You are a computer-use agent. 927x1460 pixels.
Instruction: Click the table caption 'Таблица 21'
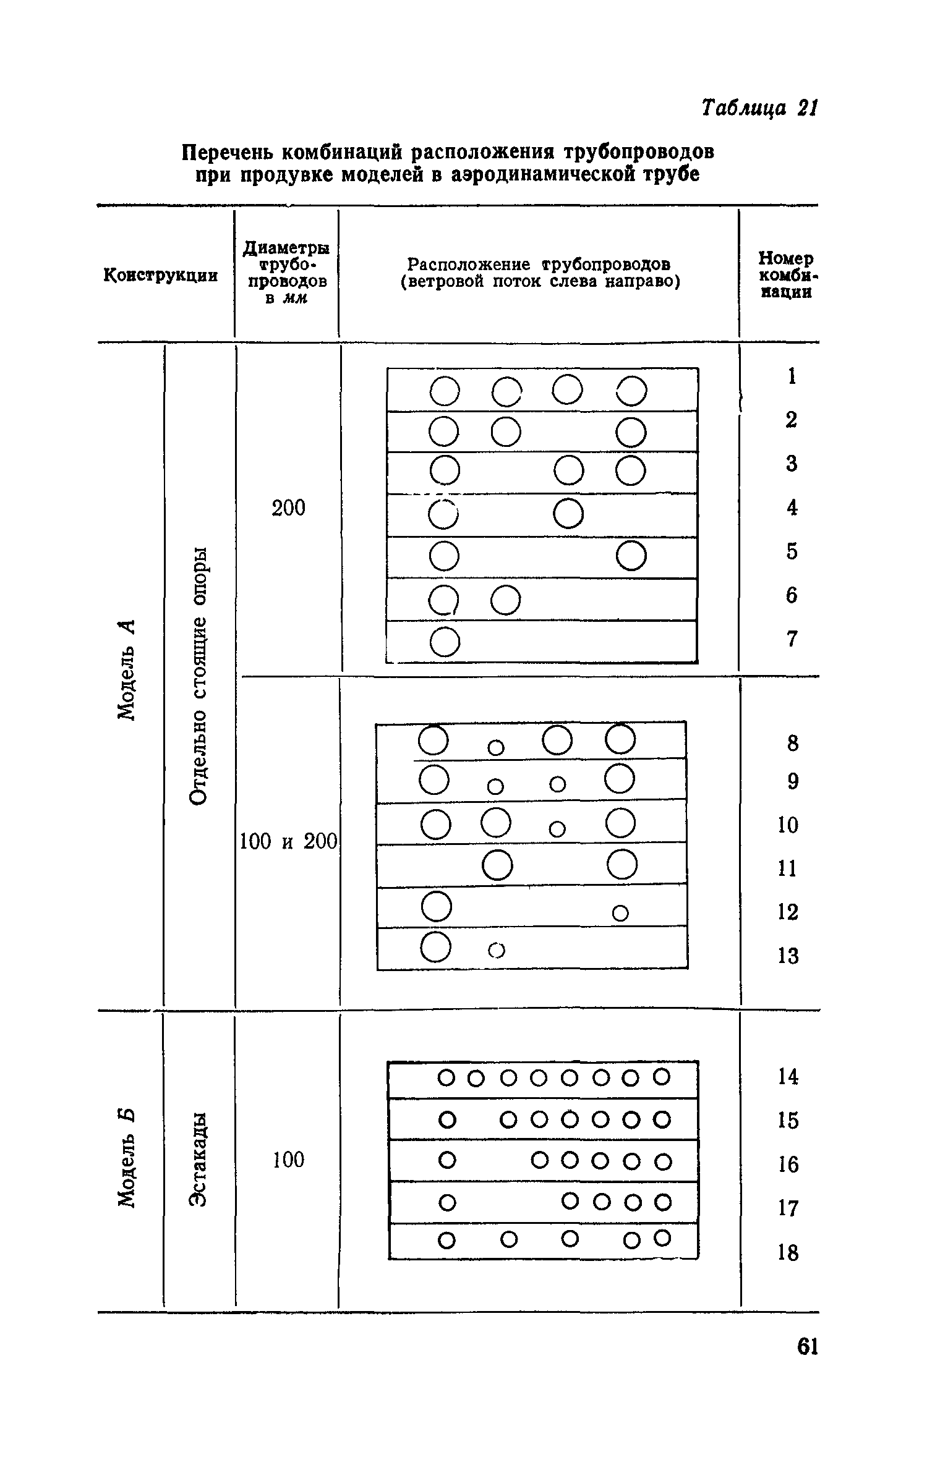(759, 108)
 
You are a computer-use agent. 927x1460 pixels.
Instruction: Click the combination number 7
(792, 639)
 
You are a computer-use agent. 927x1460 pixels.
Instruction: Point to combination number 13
(788, 956)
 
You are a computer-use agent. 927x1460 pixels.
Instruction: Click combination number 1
(792, 376)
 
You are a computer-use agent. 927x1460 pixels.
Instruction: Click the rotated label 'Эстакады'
(199, 1159)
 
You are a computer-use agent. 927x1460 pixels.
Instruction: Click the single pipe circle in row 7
(445, 642)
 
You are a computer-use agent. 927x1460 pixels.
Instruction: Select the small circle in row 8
(496, 747)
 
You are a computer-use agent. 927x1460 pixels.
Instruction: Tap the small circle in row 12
(620, 912)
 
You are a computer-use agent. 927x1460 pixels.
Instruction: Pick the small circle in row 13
(497, 950)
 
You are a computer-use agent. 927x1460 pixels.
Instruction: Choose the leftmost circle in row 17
(447, 1202)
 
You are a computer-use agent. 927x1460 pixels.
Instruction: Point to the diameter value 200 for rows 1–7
(289, 508)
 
